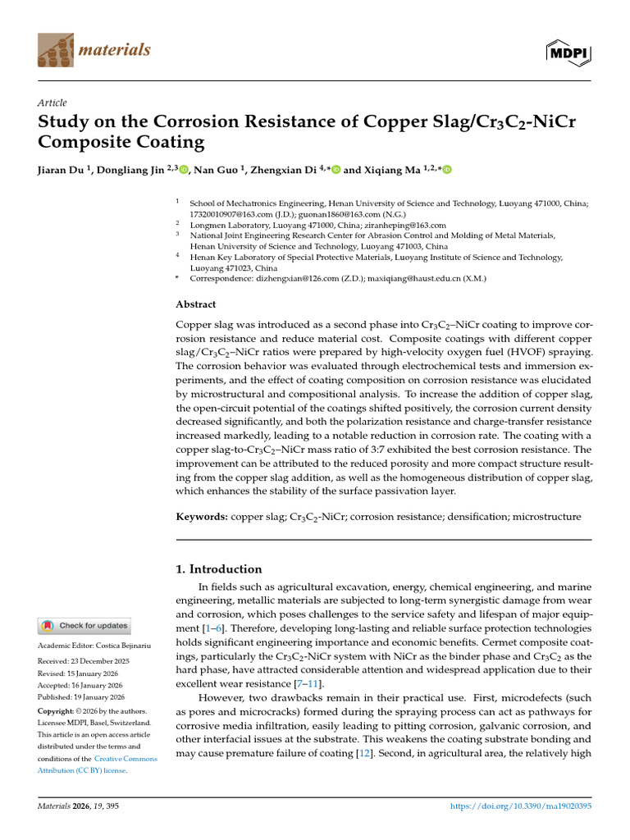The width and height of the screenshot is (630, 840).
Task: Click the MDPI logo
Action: click(x=568, y=51)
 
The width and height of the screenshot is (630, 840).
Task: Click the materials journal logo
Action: click(x=94, y=51)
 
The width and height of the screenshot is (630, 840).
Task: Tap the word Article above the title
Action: click(x=52, y=103)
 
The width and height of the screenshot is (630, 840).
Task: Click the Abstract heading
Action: click(x=196, y=304)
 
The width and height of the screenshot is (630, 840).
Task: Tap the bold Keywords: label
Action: click(x=203, y=517)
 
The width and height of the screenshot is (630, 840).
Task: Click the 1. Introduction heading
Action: click(x=219, y=568)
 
